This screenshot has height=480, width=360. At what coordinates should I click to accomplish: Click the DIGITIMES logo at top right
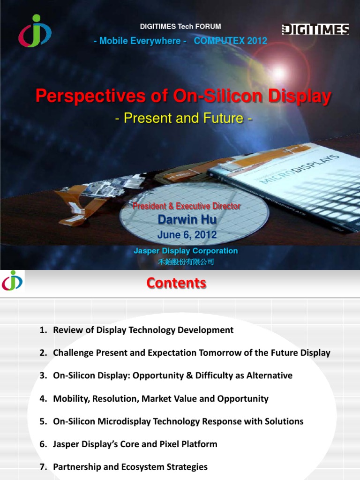[x=315, y=30]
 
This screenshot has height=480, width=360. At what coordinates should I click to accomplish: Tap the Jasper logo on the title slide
[x=35, y=30]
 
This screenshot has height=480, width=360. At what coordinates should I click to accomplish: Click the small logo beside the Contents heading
[x=12, y=281]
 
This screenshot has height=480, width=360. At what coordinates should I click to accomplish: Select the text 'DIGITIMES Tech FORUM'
[x=180, y=27]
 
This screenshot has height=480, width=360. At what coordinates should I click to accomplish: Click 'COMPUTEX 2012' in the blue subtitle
[x=230, y=41]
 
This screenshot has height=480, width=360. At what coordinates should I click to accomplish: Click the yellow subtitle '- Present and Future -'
[x=184, y=119]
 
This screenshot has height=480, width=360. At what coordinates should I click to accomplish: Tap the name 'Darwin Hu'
[x=187, y=219]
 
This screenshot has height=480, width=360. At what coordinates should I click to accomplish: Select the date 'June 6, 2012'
[x=187, y=234]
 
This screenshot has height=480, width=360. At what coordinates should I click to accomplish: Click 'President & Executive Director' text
[x=187, y=206]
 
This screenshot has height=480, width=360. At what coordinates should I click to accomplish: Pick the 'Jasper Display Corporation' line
[x=186, y=251]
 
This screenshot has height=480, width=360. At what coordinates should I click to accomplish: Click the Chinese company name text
[x=186, y=262]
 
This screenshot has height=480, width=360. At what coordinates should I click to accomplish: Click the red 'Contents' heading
[x=176, y=283]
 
